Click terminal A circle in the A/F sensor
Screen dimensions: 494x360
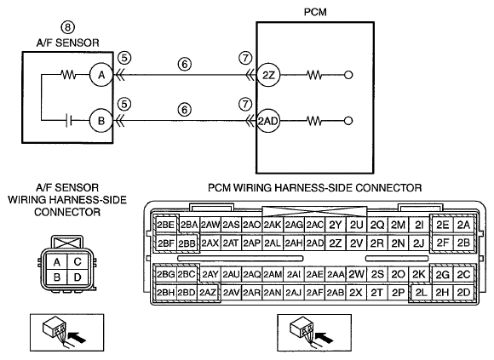click(101, 75)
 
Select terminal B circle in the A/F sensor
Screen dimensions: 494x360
click(101, 121)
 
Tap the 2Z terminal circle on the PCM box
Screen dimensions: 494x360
click(268, 75)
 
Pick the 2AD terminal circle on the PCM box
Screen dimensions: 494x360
click(267, 121)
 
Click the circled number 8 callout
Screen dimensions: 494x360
click(68, 27)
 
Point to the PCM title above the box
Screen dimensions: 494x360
click(315, 12)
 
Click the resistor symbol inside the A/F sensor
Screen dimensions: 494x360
click(68, 75)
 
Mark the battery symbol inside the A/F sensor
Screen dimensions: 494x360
click(69, 121)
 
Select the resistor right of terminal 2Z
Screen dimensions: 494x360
click(314, 75)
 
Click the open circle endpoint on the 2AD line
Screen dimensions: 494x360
click(348, 121)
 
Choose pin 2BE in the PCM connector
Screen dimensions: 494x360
click(166, 225)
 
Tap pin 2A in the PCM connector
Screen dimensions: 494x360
click(463, 225)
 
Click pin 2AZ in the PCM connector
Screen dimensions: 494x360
click(208, 293)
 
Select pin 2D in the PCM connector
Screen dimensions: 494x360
click(463, 293)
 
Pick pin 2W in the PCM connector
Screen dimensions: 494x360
click(356, 275)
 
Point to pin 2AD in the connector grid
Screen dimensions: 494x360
click(315, 243)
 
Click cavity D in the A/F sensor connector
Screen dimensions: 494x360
click(78, 277)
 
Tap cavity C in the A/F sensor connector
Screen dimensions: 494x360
click(78, 261)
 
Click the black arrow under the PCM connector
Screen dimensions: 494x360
click(325, 338)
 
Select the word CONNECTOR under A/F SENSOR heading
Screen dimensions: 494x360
click(67, 212)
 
